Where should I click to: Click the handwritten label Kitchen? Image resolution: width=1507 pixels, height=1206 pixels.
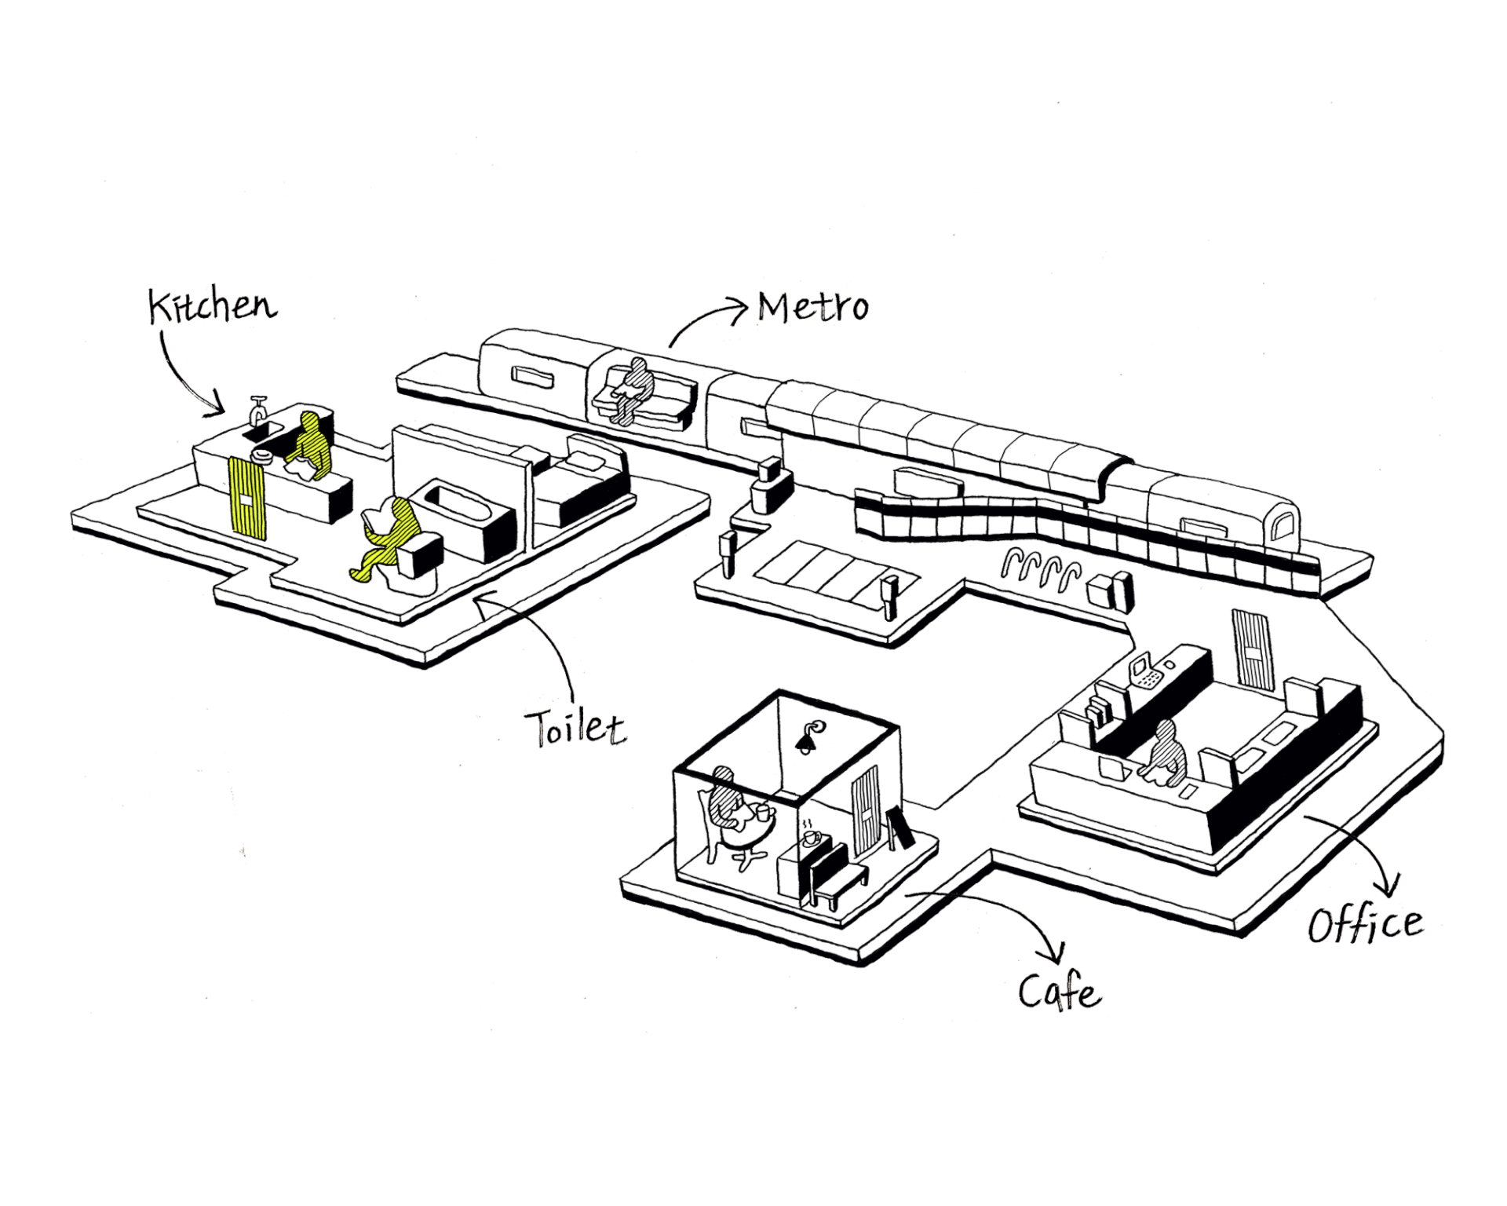(212, 306)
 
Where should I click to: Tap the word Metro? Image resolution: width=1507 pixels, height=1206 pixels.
(813, 307)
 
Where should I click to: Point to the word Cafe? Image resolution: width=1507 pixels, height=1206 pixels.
(1059, 992)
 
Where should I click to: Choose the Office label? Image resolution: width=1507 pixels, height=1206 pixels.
(1365, 925)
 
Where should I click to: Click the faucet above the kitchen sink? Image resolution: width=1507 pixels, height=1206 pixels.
(258, 409)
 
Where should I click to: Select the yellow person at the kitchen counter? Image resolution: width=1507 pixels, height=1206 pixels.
(310, 448)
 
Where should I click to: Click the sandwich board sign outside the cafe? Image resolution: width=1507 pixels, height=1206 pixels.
(900, 828)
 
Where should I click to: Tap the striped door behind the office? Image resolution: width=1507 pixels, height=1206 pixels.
(1251, 649)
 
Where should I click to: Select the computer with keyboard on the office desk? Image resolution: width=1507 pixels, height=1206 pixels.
(1143, 671)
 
